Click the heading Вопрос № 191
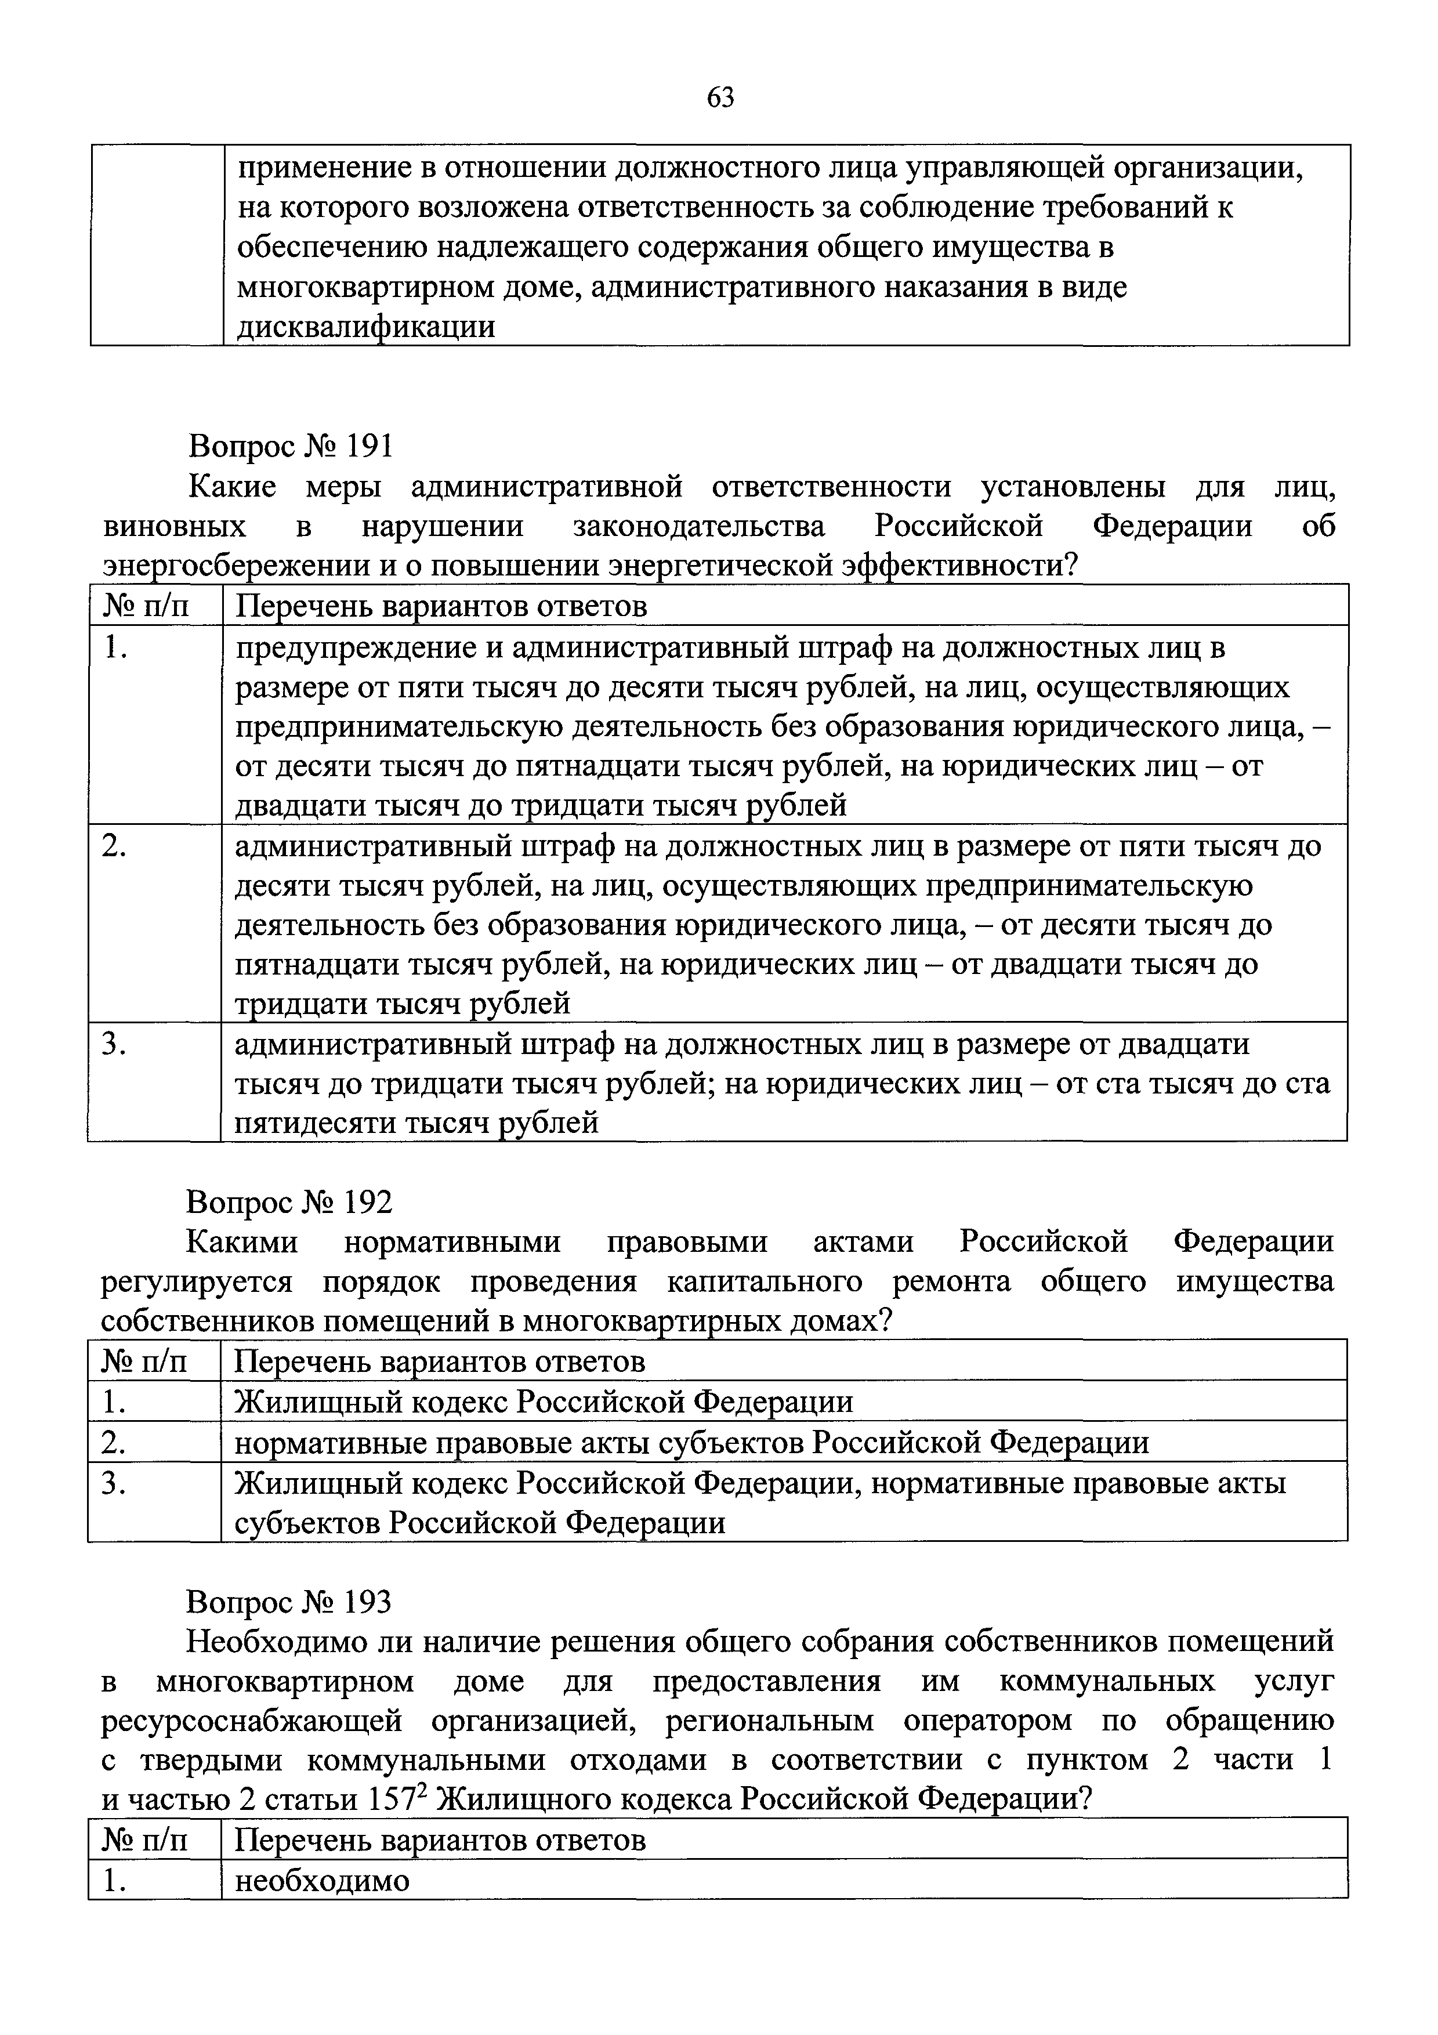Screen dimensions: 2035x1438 (289, 446)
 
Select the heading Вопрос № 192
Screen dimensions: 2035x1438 (289, 1202)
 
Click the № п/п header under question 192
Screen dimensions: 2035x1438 (145, 1362)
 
